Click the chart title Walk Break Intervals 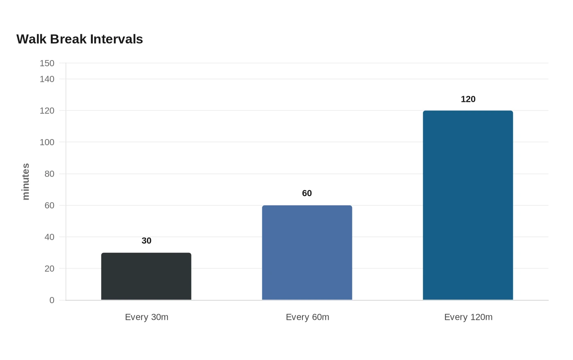[79, 39]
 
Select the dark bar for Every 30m [147, 277]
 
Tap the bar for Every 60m [307, 253]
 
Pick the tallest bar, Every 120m [468, 205]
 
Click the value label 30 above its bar [147, 241]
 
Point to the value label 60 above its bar [307, 193]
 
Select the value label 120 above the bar [468, 99]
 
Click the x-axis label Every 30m [147, 317]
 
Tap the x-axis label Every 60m [307, 317]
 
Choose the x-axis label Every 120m [468, 317]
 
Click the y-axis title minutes [25, 182]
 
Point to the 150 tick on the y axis [47, 63]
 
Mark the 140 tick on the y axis [47, 79]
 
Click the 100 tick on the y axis [47, 142]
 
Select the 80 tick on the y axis [50, 174]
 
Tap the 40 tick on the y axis [50, 237]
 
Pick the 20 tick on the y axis [50, 268]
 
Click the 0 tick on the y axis [52, 300]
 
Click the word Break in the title [68, 39]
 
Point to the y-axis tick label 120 [47, 111]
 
